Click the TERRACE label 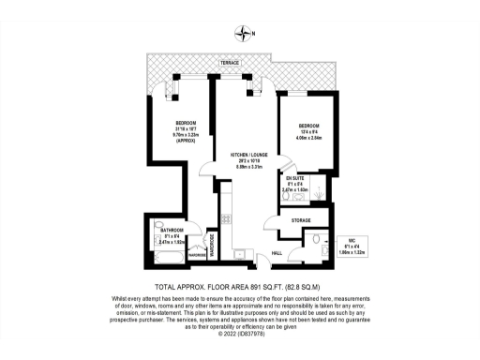(229, 63)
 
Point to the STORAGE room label (300, 220)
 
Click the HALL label (277, 252)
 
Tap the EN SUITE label (295, 177)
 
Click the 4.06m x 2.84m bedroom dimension (310, 140)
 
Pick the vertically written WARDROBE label (212, 245)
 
